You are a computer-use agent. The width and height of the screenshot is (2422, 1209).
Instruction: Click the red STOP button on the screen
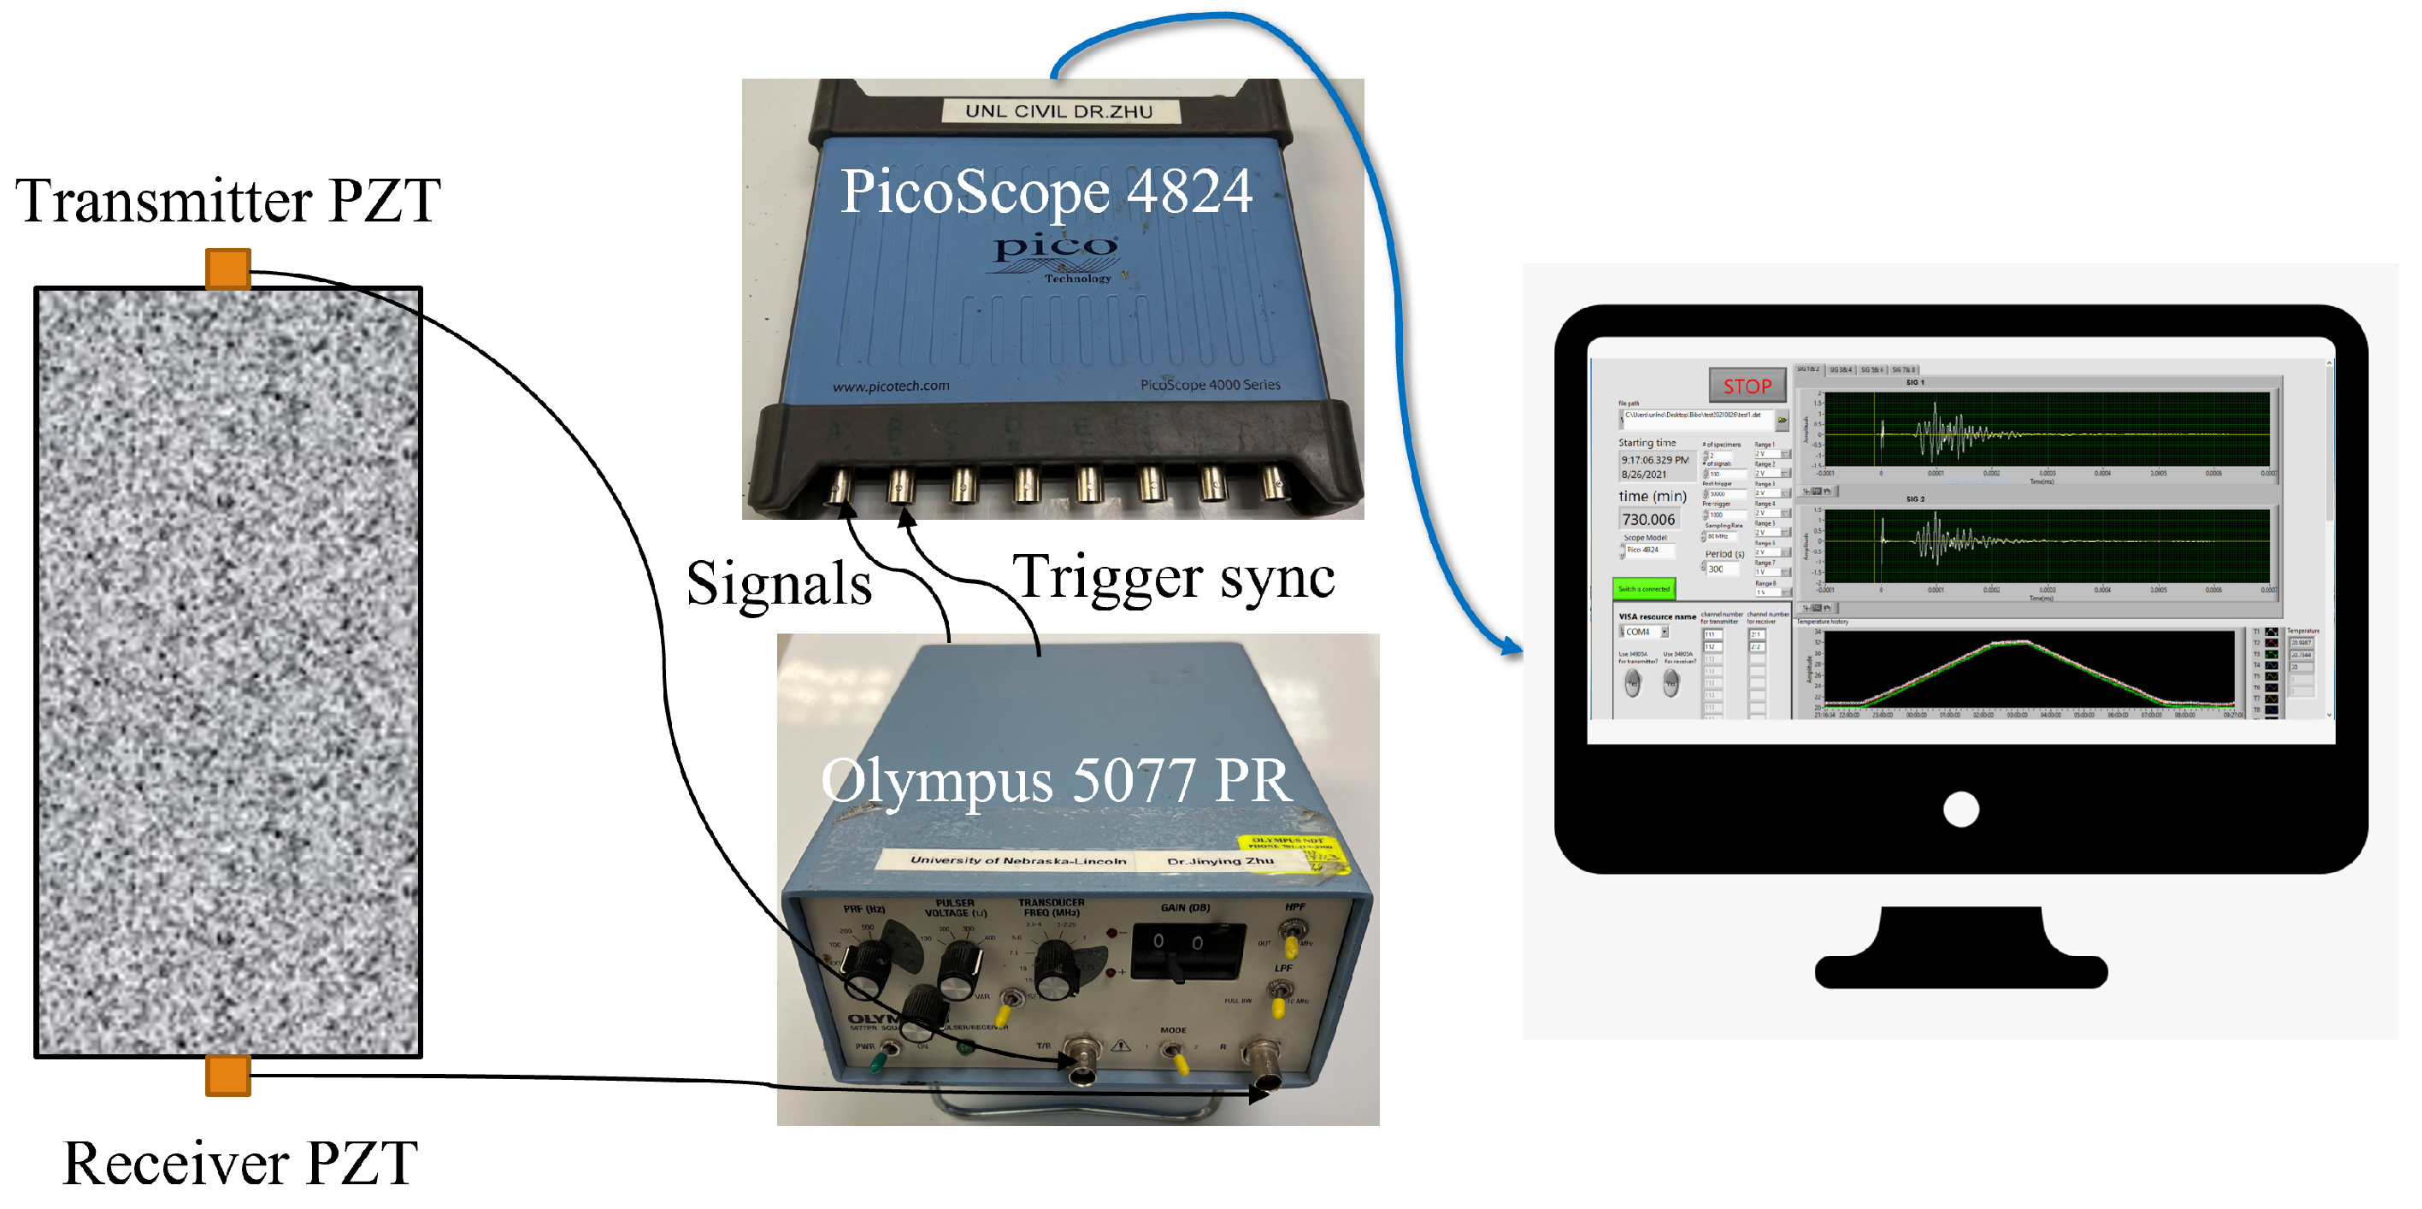click(x=1747, y=386)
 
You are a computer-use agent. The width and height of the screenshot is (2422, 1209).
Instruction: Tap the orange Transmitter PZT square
click(x=227, y=268)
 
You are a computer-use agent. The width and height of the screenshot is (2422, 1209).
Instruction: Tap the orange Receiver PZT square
click(x=227, y=1075)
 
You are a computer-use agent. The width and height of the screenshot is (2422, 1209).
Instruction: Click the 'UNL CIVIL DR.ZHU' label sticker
click(x=1058, y=111)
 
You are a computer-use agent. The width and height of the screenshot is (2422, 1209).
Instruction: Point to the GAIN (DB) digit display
click(x=1177, y=943)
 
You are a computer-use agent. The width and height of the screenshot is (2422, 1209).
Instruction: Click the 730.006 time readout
click(x=1648, y=519)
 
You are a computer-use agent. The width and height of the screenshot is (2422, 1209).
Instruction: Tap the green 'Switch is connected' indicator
click(x=1643, y=588)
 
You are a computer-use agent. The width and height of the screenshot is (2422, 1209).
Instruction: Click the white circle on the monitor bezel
click(x=1960, y=810)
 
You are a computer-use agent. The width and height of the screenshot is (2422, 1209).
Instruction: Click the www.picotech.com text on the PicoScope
click(x=890, y=386)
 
